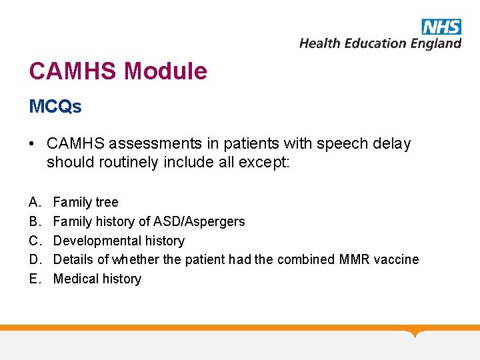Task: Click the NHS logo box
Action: point(441,27)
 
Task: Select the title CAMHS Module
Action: point(118,71)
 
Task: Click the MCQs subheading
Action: point(55,106)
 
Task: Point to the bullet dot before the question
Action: point(33,144)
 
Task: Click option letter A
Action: point(34,202)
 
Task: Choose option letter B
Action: point(34,221)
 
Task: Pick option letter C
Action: point(34,241)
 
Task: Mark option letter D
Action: point(34,259)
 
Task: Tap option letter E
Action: point(34,279)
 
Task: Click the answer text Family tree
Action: point(85,202)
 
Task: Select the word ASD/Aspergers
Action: point(199,221)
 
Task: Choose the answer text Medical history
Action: point(97,279)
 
